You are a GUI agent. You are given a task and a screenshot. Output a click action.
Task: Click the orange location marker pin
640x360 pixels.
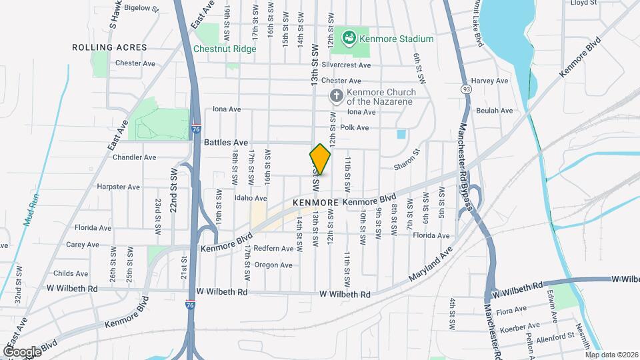tap(320, 159)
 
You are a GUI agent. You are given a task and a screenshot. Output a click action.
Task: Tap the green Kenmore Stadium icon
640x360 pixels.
tap(349, 38)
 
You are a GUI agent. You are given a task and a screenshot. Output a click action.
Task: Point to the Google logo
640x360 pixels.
tap(22, 351)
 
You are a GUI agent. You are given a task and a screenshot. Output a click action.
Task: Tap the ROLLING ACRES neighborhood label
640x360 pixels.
tap(109, 48)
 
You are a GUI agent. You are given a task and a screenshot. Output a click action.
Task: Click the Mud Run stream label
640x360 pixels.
tap(33, 207)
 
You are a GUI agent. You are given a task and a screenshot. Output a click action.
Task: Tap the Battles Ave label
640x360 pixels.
tap(226, 143)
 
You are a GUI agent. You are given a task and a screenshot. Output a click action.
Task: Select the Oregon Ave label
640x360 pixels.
tap(273, 265)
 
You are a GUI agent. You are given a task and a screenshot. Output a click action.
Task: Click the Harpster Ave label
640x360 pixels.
tap(118, 187)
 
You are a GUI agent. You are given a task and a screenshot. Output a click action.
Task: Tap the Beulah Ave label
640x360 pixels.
tap(495, 111)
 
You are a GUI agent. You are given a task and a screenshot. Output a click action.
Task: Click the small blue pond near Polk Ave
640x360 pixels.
tap(401, 133)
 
